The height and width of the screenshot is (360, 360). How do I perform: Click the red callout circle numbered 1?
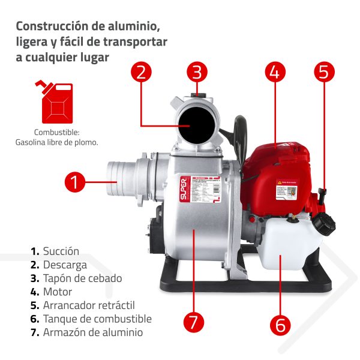tap(74, 181)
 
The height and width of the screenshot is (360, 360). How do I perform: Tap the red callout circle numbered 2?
tap(141, 73)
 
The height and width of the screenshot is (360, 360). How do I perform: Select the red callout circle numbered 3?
tap(197, 73)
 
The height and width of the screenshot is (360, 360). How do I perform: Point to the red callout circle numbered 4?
tap(274, 73)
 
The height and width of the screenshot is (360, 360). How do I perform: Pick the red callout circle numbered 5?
tap(323, 73)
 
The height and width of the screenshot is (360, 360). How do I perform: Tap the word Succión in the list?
tap(61, 251)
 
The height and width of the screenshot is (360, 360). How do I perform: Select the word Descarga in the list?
tap(65, 265)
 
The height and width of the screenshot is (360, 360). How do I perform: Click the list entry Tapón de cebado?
tap(82, 278)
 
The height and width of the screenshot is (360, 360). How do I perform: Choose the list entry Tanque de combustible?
tap(97, 319)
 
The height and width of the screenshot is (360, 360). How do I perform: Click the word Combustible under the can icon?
tap(56, 132)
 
